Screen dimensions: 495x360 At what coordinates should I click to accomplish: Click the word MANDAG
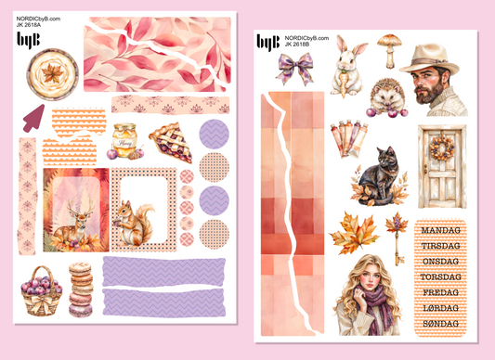(441, 230)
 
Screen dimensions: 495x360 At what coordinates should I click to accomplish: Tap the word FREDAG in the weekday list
(441, 292)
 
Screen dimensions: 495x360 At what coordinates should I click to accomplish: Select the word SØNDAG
(441, 324)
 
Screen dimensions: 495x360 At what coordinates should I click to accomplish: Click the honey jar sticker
(125, 140)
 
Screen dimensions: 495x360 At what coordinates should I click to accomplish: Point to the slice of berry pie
(171, 143)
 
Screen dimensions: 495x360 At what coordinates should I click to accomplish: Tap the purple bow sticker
(294, 68)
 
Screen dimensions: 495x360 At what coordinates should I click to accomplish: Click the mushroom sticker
(389, 50)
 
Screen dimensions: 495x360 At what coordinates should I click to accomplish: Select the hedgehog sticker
(387, 98)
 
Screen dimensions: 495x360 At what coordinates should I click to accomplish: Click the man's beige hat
(429, 59)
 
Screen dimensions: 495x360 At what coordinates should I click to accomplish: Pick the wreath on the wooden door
(442, 148)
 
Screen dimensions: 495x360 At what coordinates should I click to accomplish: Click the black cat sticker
(379, 176)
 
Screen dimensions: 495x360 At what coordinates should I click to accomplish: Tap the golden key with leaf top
(397, 238)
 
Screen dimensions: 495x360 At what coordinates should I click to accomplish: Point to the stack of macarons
(81, 289)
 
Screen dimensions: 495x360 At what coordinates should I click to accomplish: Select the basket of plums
(41, 291)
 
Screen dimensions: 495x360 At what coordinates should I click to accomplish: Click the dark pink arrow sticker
(33, 119)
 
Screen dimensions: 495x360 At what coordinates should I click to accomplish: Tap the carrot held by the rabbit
(344, 84)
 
